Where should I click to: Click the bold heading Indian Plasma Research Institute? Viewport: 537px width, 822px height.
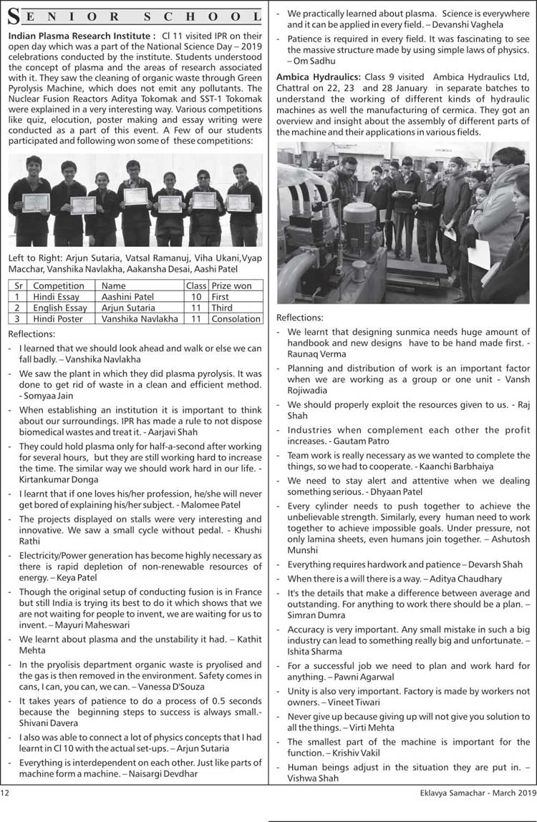[80, 36]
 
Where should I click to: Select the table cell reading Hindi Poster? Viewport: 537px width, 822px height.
[58, 318]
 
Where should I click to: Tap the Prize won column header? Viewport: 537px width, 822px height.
[232, 285]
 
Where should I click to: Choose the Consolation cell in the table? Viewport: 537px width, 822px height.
[236, 318]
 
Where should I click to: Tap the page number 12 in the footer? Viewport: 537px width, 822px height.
[5, 792]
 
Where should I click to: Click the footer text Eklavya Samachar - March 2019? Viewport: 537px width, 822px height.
[478, 792]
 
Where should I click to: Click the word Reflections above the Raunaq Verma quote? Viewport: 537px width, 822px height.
[300, 317]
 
